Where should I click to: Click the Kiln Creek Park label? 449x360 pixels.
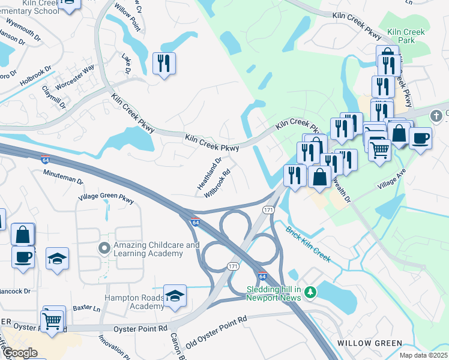point(406,36)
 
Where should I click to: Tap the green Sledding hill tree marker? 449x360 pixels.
point(310,293)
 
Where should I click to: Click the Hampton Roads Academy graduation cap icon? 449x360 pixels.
point(175,296)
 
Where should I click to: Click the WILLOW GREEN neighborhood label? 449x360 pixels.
point(370,343)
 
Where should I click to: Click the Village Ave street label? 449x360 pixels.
point(392,179)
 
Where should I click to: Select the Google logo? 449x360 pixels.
point(20,353)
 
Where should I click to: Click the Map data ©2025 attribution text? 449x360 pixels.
point(424,356)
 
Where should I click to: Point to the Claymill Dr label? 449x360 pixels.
point(53,95)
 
